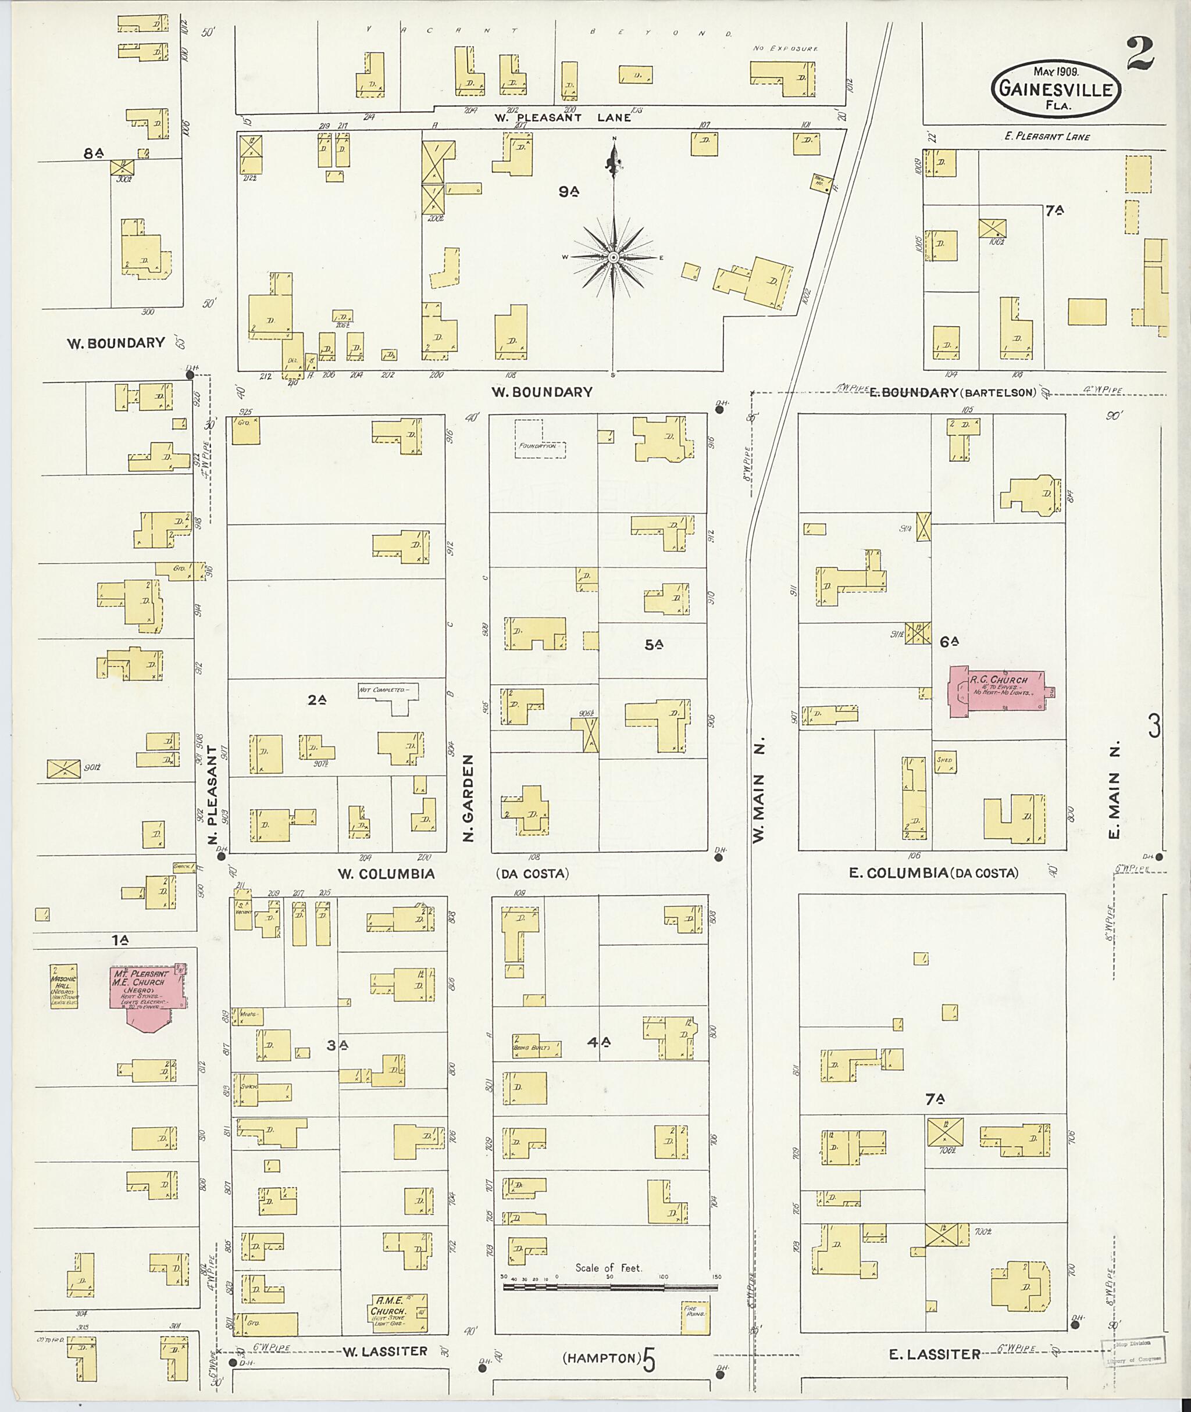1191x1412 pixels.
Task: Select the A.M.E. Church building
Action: click(398, 1312)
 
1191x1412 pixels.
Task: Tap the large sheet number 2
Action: click(1140, 55)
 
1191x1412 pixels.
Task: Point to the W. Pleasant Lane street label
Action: click(562, 117)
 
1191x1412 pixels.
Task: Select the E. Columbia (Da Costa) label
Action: click(933, 873)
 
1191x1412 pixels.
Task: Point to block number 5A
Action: click(653, 645)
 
